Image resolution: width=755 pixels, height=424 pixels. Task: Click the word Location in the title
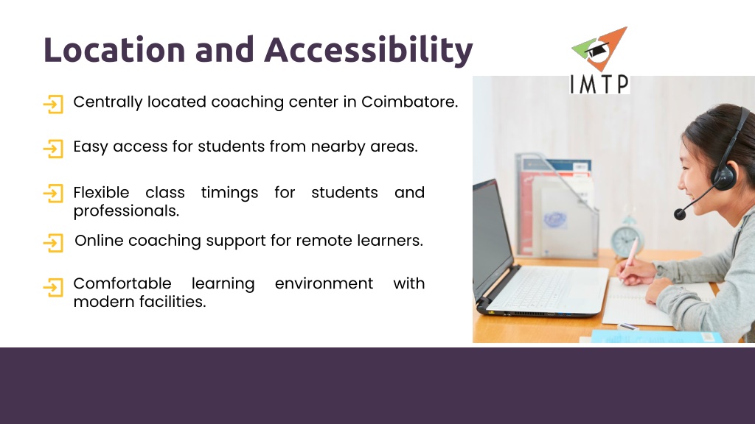(x=114, y=49)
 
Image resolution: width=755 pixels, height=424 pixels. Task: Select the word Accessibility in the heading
(x=369, y=51)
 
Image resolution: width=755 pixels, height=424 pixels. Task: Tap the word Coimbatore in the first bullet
(x=409, y=102)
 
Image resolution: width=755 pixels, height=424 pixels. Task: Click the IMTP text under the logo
(x=599, y=84)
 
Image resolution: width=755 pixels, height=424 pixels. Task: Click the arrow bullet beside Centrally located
(x=53, y=105)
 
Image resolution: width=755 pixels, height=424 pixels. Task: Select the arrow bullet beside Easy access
(x=53, y=149)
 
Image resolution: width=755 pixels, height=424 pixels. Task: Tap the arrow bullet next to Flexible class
(x=53, y=194)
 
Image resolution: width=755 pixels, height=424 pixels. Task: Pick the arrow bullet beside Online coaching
(x=53, y=243)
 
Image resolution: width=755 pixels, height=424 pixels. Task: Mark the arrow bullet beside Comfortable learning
(x=53, y=288)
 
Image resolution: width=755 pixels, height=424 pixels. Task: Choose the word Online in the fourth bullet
(x=100, y=241)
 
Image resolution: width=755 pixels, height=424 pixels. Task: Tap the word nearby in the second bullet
(x=338, y=146)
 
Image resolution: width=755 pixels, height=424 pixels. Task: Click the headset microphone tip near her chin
(x=680, y=214)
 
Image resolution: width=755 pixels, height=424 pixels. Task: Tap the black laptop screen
(x=492, y=236)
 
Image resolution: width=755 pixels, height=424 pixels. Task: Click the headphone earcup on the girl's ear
(x=724, y=175)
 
